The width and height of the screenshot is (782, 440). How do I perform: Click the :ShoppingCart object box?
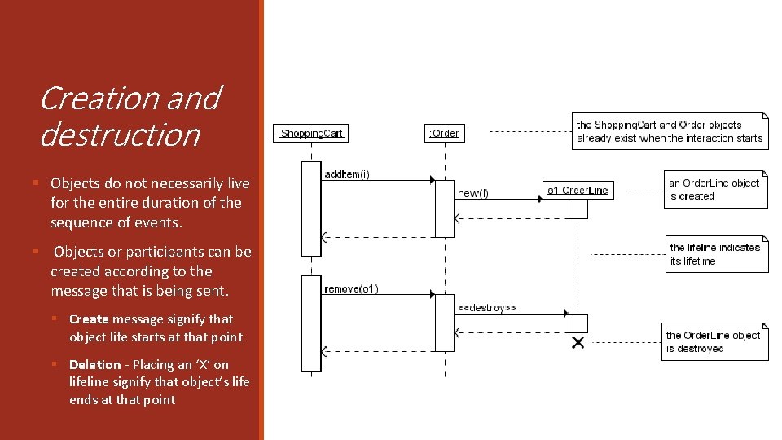[x=311, y=133]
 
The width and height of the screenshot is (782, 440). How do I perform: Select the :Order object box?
[x=445, y=133]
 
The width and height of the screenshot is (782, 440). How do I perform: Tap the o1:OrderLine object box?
[x=577, y=190]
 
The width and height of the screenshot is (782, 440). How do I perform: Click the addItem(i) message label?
[x=347, y=174]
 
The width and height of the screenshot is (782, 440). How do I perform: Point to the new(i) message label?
[x=473, y=194]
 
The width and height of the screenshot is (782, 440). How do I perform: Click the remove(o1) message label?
[x=351, y=289]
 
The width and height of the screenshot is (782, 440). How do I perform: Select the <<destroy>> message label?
[x=486, y=308]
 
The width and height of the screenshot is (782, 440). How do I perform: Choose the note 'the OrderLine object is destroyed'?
[x=715, y=342]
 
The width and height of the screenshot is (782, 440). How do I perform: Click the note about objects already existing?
[x=670, y=131]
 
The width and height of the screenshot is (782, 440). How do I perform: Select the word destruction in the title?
[x=120, y=134]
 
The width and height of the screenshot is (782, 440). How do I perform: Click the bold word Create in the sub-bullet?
[x=89, y=319]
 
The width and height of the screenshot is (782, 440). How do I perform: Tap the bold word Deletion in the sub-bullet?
[x=94, y=365]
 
